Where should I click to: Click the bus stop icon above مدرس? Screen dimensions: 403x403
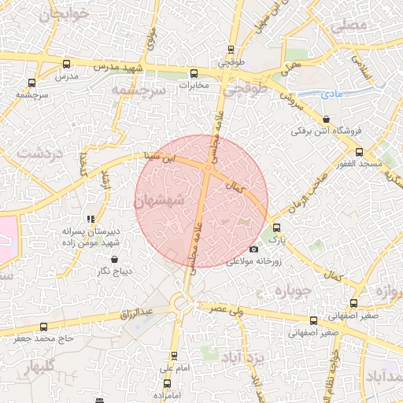[x=66, y=64]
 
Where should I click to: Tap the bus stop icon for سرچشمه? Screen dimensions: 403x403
[x=32, y=82]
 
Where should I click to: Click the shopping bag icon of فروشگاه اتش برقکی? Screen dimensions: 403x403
[x=326, y=119]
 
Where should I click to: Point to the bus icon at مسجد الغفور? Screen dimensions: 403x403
[x=360, y=152]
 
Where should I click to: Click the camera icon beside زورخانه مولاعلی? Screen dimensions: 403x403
[x=253, y=250]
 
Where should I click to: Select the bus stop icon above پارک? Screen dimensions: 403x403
[x=275, y=227]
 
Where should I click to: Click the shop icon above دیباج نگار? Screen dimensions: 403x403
[x=115, y=258]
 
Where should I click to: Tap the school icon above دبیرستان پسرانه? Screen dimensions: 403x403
[x=91, y=219]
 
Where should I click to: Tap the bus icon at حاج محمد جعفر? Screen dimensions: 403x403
[x=43, y=326]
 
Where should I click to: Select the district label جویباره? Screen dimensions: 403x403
[x=294, y=291]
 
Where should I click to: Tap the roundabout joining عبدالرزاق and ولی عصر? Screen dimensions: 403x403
[x=183, y=301]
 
